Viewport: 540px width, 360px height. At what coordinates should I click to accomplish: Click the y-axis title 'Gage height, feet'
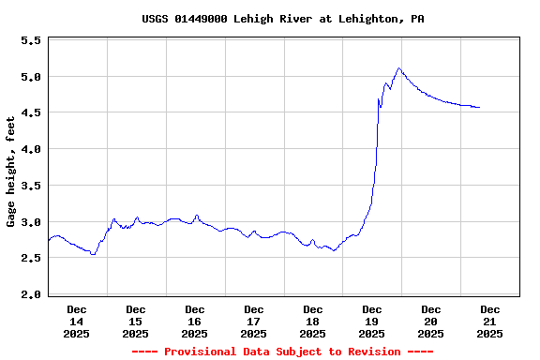click(x=11, y=172)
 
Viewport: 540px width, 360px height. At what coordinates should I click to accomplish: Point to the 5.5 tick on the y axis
click(x=31, y=41)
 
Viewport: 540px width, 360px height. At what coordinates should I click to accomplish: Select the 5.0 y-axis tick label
click(x=31, y=77)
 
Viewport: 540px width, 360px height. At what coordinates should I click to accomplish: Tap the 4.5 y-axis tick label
click(x=31, y=113)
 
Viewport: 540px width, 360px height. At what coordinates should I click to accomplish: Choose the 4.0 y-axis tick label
click(x=31, y=149)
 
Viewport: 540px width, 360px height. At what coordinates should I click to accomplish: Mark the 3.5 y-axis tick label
click(x=31, y=186)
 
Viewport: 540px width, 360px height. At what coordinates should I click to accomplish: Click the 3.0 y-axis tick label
click(x=31, y=222)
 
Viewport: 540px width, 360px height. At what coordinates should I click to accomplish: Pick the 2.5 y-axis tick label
click(x=31, y=258)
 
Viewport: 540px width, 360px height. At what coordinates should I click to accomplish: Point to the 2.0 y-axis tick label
click(x=31, y=294)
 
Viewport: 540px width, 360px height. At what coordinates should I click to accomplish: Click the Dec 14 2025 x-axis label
click(x=77, y=321)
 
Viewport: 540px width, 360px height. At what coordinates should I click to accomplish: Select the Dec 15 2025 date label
click(x=136, y=321)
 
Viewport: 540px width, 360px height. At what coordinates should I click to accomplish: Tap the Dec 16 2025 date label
click(x=195, y=321)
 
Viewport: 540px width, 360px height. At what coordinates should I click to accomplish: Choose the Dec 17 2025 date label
click(x=254, y=321)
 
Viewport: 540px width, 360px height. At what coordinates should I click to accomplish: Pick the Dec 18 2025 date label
click(x=313, y=321)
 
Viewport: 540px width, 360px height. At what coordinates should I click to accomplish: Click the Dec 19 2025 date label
click(x=372, y=321)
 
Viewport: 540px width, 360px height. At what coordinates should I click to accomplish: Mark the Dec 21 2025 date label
click(x=490, y=321)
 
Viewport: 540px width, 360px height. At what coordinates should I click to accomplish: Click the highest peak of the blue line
click(x=398, y=67)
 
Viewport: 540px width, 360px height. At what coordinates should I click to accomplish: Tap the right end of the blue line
click(x=479, y=108)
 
